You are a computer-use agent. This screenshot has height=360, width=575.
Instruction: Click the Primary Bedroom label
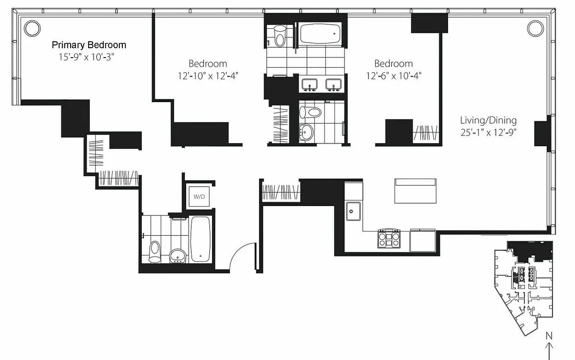pos(89,45)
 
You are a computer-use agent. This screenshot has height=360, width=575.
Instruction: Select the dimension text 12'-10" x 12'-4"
pos(207,76)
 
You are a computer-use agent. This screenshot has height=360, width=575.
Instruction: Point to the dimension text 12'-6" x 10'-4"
pos(393,76)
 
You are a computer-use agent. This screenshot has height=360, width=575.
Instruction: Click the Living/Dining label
pos(488,121)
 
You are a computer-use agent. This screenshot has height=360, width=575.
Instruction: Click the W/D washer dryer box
pos(198,197)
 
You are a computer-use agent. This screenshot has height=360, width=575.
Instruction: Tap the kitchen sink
pos(353,211)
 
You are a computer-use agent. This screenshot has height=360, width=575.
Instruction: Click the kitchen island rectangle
pos(415,191)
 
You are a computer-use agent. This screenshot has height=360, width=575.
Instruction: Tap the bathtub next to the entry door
pos(199,238)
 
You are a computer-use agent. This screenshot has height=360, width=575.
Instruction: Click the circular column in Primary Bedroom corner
pos(32,28)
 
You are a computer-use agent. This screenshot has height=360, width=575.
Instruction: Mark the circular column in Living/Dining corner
pos(535,28)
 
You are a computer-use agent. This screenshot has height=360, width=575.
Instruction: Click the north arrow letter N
pos(548,335)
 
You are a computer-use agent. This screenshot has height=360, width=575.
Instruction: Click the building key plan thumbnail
pos(523,288)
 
